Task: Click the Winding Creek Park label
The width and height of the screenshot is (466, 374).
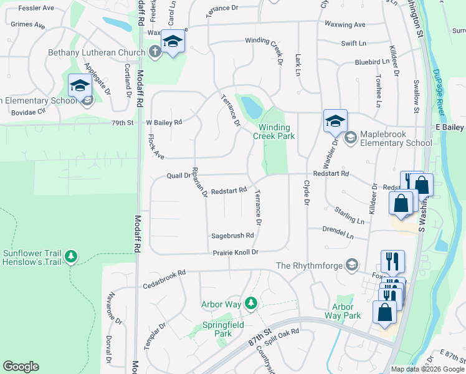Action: [x=277, y=131]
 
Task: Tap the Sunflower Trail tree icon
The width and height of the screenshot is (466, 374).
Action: [x=71, y=256]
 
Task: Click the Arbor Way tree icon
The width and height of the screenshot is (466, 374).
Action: [x=250, y=303]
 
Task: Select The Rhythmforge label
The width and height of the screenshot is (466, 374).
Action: [x=309, y=266]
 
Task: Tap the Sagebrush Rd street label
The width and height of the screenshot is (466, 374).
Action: [x=232, y=236]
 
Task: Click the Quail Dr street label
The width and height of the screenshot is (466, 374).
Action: [x=178, y=176]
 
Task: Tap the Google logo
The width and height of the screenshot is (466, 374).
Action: [x=21, y=367]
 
